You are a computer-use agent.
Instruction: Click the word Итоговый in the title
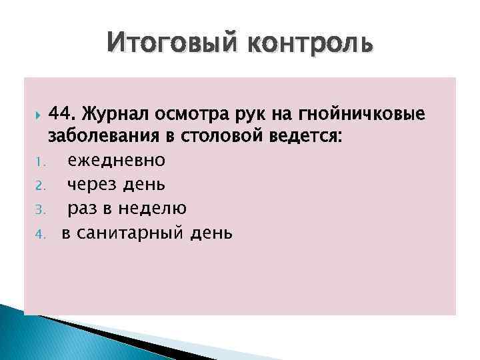pyautogui.click(x=170, y=45)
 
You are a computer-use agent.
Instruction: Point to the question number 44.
pyautogui.click(x=66, y=114)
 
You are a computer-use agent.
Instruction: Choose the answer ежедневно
pyautogui.click(x=117, y=161)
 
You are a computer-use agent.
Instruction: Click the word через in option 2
pyautogui.click(x=95, y=185)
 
